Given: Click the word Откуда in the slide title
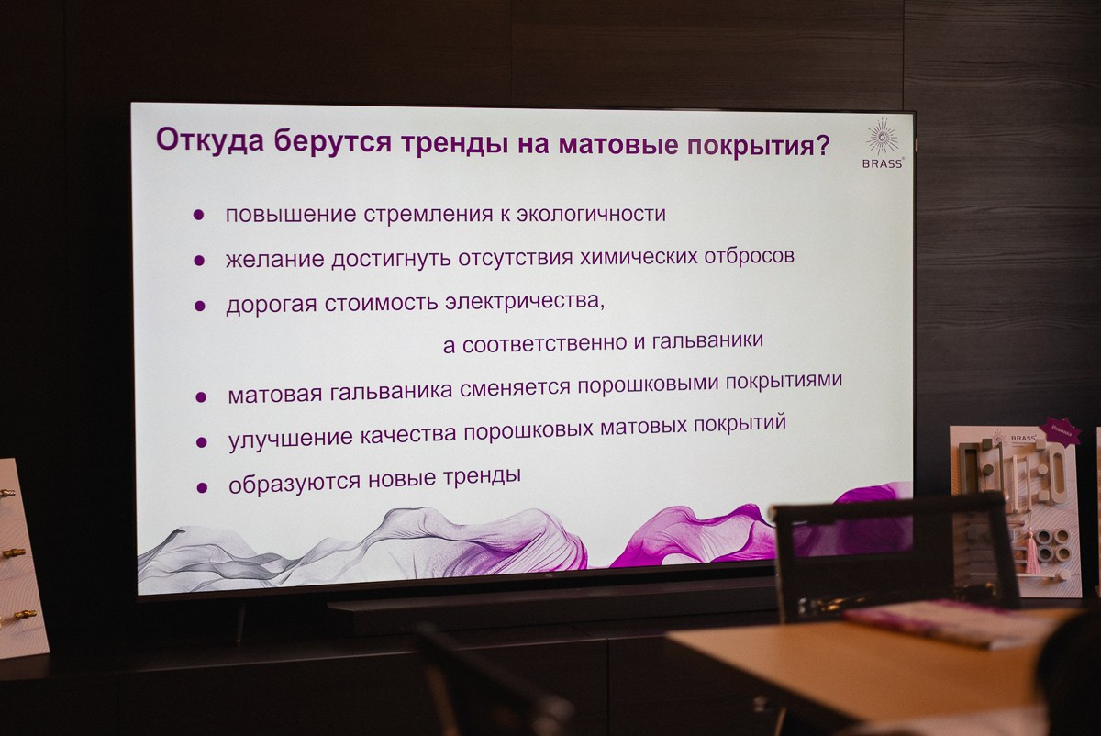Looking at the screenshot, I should [205, 140].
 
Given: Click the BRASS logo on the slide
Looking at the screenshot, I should [884, 142].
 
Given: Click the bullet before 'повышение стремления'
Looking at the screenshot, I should [198, 215].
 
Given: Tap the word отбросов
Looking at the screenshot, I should [751, 256].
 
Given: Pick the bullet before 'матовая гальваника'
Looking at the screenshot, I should [201, 397].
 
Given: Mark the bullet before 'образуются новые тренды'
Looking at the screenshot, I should [202, 487].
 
